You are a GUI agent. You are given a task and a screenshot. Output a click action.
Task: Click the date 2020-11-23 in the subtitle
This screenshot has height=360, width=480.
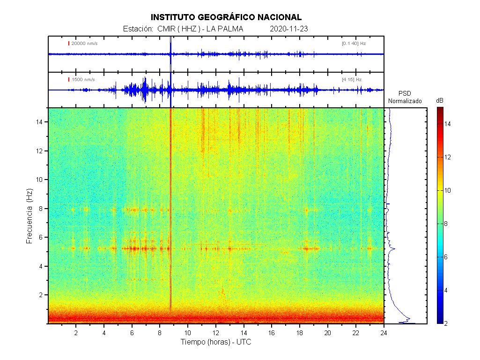[x=289, y=29]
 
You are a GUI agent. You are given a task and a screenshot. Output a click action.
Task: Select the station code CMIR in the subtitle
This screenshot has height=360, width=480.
[x=166, y=29]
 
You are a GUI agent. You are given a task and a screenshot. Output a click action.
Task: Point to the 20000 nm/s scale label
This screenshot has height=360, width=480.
[x=84, y=44]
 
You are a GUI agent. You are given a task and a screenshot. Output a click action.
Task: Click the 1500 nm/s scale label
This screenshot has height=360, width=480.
[x=83, y=80]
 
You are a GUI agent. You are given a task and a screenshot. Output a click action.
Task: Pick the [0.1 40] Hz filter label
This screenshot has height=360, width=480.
[x=354, y=44]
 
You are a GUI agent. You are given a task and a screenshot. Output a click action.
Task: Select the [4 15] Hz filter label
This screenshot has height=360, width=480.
[x=352, y=80]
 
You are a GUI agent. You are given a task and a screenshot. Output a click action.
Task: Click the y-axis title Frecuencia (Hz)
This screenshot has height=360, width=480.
[x=29, y=216]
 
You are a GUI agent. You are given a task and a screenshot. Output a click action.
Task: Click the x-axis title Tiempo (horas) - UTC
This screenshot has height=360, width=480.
[x=216, y=342]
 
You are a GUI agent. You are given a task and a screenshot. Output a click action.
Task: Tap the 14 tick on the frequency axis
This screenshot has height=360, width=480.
[x=40, y=122]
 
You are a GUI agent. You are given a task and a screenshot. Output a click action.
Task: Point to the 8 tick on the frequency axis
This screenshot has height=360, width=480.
[x=42, y=209]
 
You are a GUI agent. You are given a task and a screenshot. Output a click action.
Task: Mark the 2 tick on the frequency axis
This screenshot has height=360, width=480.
[x=42, y=295]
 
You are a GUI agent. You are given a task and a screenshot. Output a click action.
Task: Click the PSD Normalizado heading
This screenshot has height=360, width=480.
[x=405, y=97]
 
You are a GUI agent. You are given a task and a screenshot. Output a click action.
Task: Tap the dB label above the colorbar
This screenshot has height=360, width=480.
[x=440, y=101]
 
